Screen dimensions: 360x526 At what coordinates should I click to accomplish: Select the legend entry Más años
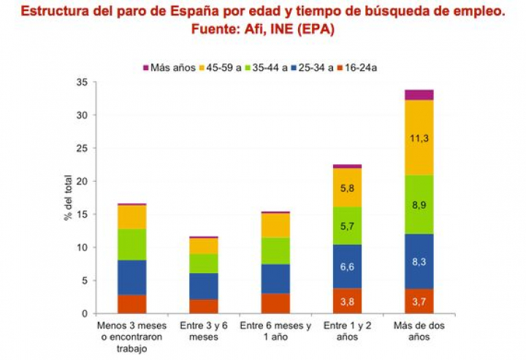click(x=169, y=68)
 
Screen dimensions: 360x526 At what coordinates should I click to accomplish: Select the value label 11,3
click(x=419, y=137)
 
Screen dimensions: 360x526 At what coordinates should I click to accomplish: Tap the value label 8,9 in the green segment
click(x=419, y=205)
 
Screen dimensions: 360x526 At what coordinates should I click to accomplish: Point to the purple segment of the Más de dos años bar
click(x=419, y=95)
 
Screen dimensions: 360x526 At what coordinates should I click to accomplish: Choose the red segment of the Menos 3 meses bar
click(x=131, y=304)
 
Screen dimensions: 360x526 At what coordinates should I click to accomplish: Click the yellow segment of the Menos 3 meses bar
click(x=131, y=217)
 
